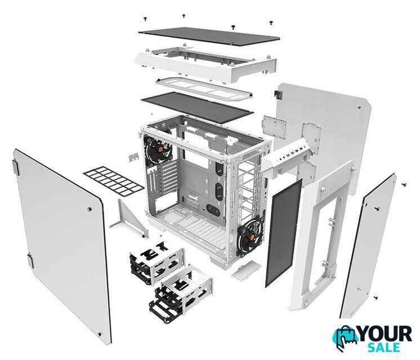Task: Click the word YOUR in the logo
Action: (x=385, y=334)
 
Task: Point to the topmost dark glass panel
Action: (x=209, y=36)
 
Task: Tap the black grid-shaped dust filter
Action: (x=114, y=180)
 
